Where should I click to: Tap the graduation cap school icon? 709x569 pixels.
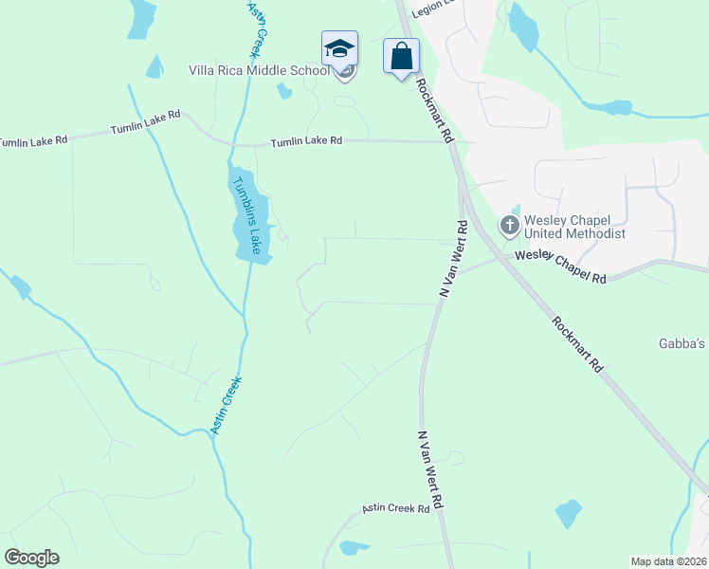339,47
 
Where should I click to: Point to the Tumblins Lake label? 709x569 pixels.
245,213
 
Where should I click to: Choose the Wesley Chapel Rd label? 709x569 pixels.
561,266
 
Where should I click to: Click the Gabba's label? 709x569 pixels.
682,343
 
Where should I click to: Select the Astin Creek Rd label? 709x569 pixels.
396,510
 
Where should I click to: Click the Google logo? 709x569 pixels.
31,558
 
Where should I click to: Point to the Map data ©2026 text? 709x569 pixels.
668,561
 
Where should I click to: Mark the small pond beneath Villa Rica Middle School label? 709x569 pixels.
283,91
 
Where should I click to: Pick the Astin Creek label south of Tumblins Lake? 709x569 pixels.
226,405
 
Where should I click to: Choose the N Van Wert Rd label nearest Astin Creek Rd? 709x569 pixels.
430,469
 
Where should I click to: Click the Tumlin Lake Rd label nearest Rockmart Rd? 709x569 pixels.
306,140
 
